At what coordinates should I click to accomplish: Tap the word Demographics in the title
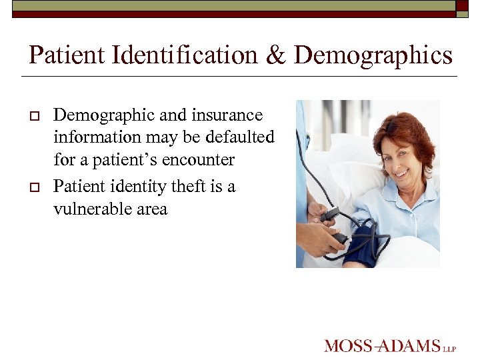373,55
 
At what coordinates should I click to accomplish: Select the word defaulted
239,137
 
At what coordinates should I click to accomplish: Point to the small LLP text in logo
451,348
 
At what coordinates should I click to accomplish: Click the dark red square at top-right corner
462,5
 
